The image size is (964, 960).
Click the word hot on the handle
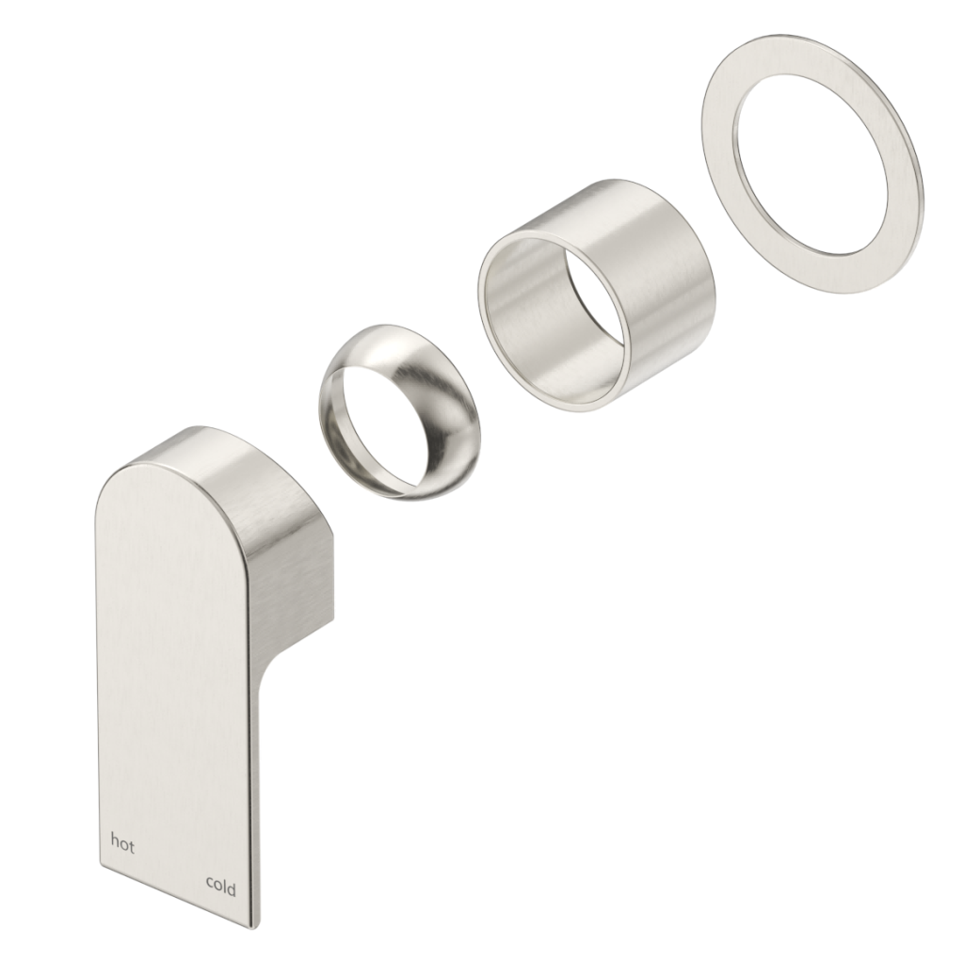122,843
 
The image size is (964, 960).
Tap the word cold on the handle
221,887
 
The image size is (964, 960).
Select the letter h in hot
115,843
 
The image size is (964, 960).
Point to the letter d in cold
233,887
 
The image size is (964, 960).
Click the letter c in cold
210,888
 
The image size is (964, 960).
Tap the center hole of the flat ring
819,160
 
